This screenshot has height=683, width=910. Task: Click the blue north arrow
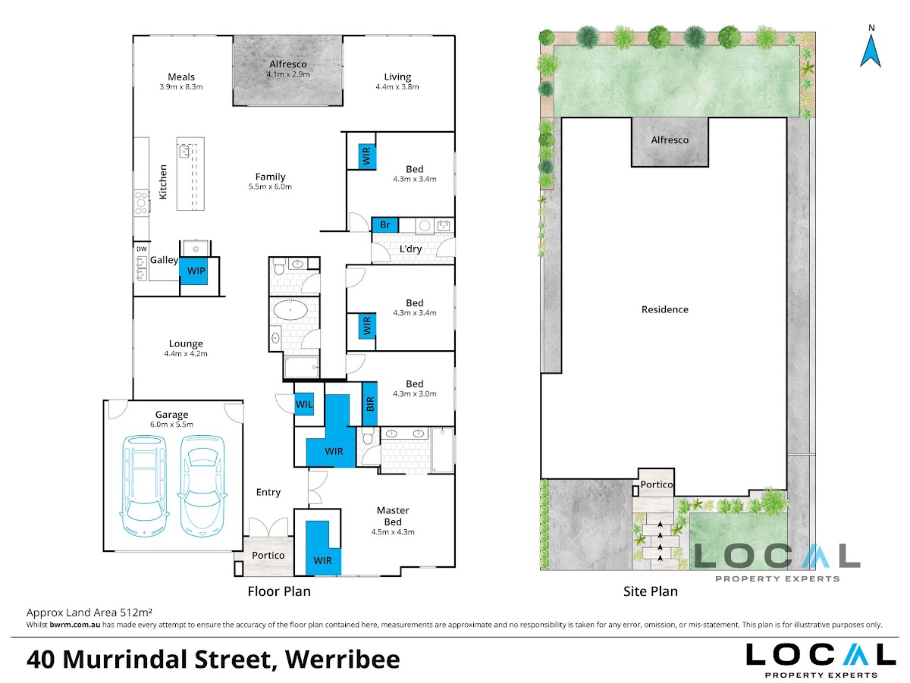[871, 51]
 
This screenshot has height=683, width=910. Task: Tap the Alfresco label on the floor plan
[288, 64]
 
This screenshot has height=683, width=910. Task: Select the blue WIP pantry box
[193, 271]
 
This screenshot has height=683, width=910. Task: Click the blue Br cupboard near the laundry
[385, 225]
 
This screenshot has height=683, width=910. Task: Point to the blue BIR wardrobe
[370, 404]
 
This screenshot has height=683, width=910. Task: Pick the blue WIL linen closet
[304, 404]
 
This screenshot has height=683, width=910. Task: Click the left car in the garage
[144, 486]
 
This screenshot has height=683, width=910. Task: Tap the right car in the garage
[202, 486]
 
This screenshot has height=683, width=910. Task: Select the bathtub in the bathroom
[290, 310]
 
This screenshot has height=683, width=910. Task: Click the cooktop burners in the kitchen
[141, 202]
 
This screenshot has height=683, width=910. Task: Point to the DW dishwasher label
[142, 249]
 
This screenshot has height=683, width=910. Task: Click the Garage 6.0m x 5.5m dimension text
[171, 425]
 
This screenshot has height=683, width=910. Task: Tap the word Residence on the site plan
[664, 309]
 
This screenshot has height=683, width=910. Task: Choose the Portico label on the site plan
[656, 484]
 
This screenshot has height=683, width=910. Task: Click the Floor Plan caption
[279, 591]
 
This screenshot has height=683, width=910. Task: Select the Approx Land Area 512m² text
[89, 613]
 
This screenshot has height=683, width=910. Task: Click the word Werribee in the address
[343, 660]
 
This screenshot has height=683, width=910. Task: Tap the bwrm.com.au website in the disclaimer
[75, 625]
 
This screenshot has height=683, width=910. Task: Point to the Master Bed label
[393, 516]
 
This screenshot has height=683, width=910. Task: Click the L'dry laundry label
[410, 249]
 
